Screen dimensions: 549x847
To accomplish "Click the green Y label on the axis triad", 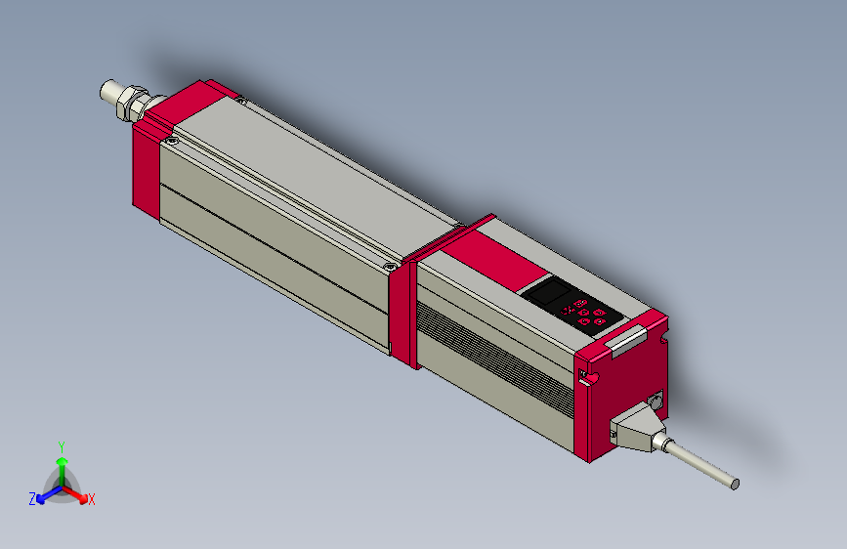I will (61, 445).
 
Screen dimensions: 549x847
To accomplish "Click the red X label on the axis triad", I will (92, 500).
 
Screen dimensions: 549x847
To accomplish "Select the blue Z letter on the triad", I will (32, 499).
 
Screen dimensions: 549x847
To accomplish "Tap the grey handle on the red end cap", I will (626, 339).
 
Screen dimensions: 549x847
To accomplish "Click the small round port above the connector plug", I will (655, 400).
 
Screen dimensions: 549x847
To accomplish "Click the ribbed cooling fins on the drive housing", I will (493, 357).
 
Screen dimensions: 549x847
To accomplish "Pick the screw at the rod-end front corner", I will (173, 142).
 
